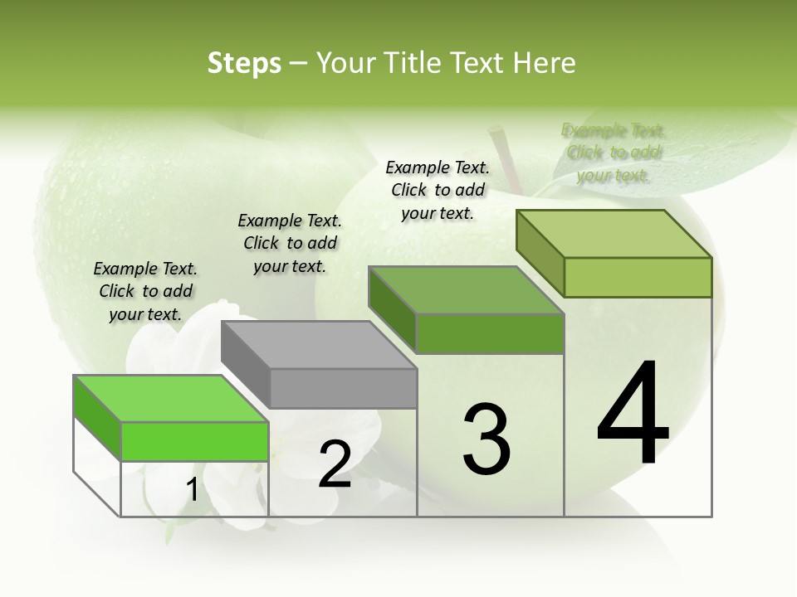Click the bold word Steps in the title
[244, 63]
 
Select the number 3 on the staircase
[487, 439]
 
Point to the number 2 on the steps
[335, 464]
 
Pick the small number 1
[192, 490]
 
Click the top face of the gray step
[318, 344]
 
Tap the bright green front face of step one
[194, 441]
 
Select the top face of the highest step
[614, 233]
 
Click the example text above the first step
[145, 291]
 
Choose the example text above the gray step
[290, 243]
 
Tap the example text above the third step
[438, 190]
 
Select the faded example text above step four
[613, 153]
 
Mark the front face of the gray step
[343, 388]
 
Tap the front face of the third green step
[490, 333]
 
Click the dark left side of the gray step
[246, 359]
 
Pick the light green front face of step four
[638, 277]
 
